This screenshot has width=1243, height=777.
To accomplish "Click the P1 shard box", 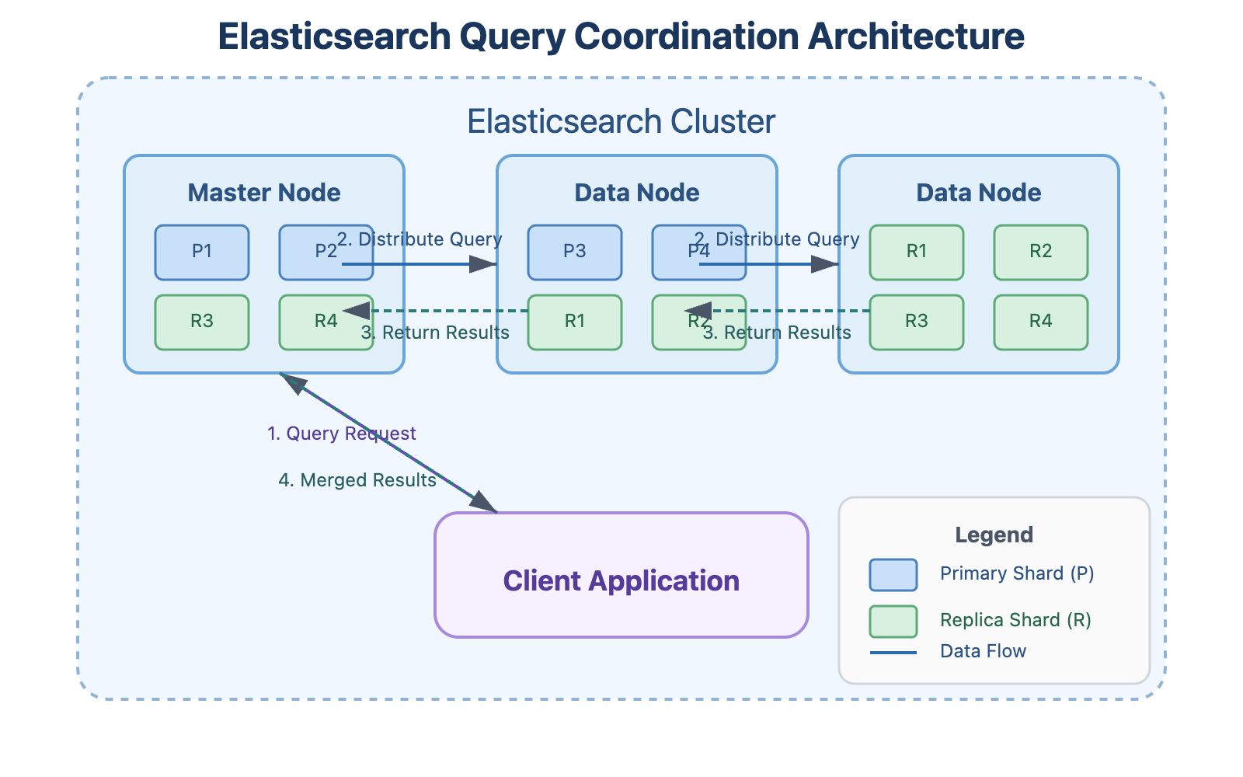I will pos(202,252).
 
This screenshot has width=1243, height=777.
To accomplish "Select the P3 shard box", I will pos(575,252).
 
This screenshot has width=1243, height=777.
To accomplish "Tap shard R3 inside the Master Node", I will pos(202,322).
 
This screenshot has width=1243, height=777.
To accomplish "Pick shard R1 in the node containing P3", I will pos(575,322).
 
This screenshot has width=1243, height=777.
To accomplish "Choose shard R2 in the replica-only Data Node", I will pos(1041,252).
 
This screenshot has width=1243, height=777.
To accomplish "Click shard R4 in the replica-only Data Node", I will pos(1041,322).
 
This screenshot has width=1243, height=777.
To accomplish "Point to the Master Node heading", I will pos(264,193).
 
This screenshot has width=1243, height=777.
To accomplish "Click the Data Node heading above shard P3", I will pos(637,193).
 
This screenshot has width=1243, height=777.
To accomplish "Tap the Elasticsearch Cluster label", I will pos(621,122).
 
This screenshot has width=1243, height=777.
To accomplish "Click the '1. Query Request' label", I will pos(342,434).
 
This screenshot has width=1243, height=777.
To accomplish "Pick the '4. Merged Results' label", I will pos(357,480).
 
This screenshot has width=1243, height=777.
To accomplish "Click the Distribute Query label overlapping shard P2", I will pos(420,239).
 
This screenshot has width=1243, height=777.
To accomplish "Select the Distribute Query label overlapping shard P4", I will pos(777,239).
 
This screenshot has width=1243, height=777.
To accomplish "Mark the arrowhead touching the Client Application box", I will pos(485,503).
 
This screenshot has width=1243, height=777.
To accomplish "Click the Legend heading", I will pos(994,535).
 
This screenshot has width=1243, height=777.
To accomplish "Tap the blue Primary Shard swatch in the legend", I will pos(893,575).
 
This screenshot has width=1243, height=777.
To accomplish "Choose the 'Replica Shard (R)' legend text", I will pos(1015,620).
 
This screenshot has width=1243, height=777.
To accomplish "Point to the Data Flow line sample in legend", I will pos(893,653).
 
